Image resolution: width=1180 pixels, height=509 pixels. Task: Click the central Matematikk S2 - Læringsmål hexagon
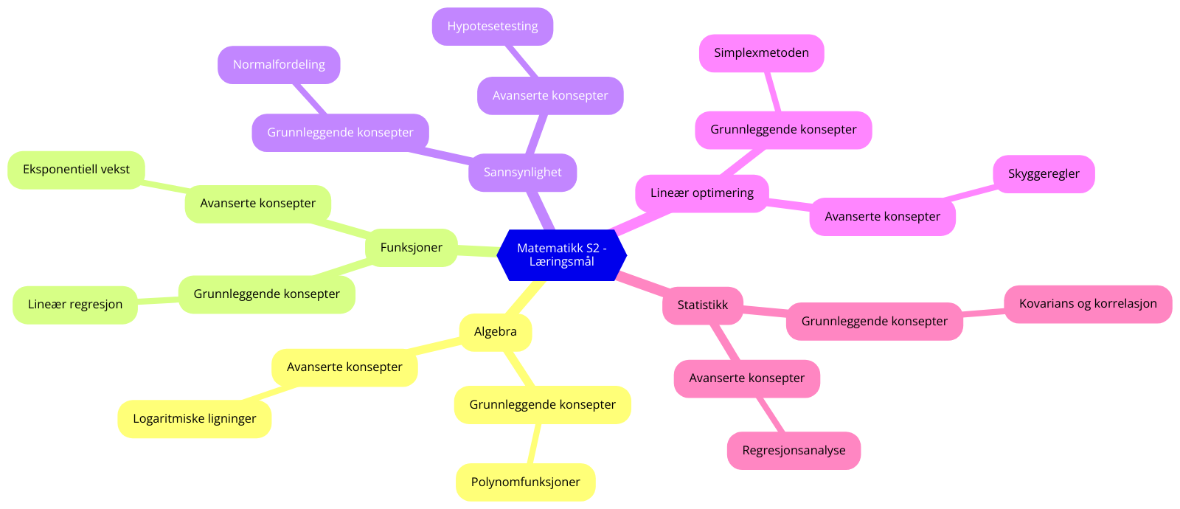coord(562,255)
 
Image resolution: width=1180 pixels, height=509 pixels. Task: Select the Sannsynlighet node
coord(522,173)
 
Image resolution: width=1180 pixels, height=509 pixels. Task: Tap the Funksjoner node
coord(411,248)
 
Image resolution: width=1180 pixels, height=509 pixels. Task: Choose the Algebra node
coord(495,332)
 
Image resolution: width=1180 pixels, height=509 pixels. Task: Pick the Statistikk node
coord(702,305)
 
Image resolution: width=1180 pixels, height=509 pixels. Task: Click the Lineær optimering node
coord(701,193)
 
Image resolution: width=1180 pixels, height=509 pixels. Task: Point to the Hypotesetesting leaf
coord(492,27)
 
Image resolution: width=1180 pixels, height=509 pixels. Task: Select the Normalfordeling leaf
coord(279,65)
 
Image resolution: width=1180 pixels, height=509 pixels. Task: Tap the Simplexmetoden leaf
coord(761,53)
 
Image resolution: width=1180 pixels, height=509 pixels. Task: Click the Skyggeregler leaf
coord(1044,174)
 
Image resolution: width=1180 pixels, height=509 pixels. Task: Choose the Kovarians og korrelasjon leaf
coord(1088,304)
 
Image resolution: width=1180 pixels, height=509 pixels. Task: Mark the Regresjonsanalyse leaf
coord(794,451)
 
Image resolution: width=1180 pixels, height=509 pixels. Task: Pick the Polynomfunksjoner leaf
coord(525,482)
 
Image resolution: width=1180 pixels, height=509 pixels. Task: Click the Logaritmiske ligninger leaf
coord(194,419)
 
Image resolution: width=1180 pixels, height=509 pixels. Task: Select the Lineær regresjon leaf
coord(75,305)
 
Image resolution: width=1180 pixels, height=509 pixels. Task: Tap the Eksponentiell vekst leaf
coord(76,170)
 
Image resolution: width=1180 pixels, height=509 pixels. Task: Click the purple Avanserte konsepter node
coord(550,96)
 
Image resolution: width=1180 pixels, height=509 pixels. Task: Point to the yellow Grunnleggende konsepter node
coord(542,405)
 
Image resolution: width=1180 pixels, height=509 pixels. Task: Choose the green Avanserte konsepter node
coord(257,204)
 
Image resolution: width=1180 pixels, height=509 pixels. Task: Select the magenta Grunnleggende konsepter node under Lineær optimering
coord(783,130)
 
